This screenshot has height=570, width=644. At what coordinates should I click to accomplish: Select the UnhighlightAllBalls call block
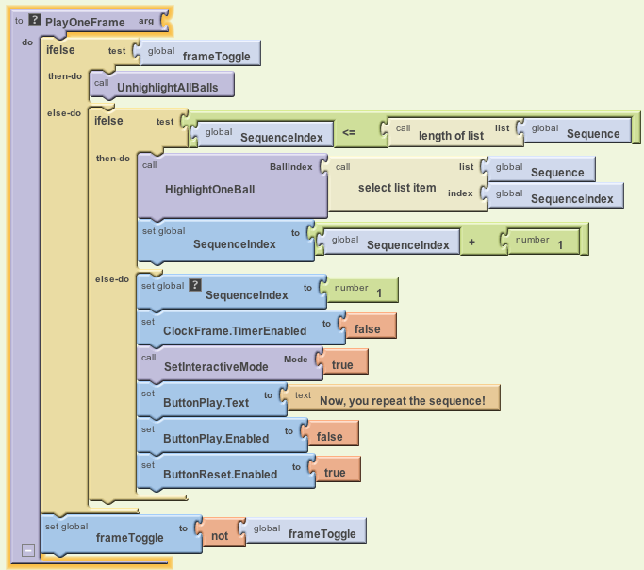167,87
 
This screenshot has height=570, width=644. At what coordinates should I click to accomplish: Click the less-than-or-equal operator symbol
348,134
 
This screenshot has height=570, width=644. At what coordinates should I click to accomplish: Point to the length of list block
450,135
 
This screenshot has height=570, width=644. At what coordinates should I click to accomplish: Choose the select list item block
397,188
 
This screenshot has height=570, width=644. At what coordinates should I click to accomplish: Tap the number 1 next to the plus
560,245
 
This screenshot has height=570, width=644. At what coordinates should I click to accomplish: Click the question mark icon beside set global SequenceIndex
195,284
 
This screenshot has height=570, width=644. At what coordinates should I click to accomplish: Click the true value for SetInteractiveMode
342,365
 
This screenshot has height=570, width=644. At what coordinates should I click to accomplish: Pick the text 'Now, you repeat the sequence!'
403,401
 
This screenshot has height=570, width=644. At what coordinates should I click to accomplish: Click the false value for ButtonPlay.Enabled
329,437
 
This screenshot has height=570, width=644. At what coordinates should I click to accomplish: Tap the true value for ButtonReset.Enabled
334,473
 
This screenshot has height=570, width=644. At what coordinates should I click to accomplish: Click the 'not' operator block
220,535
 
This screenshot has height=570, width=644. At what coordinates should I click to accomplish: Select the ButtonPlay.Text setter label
206,402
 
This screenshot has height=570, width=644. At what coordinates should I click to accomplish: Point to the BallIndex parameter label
290,166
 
